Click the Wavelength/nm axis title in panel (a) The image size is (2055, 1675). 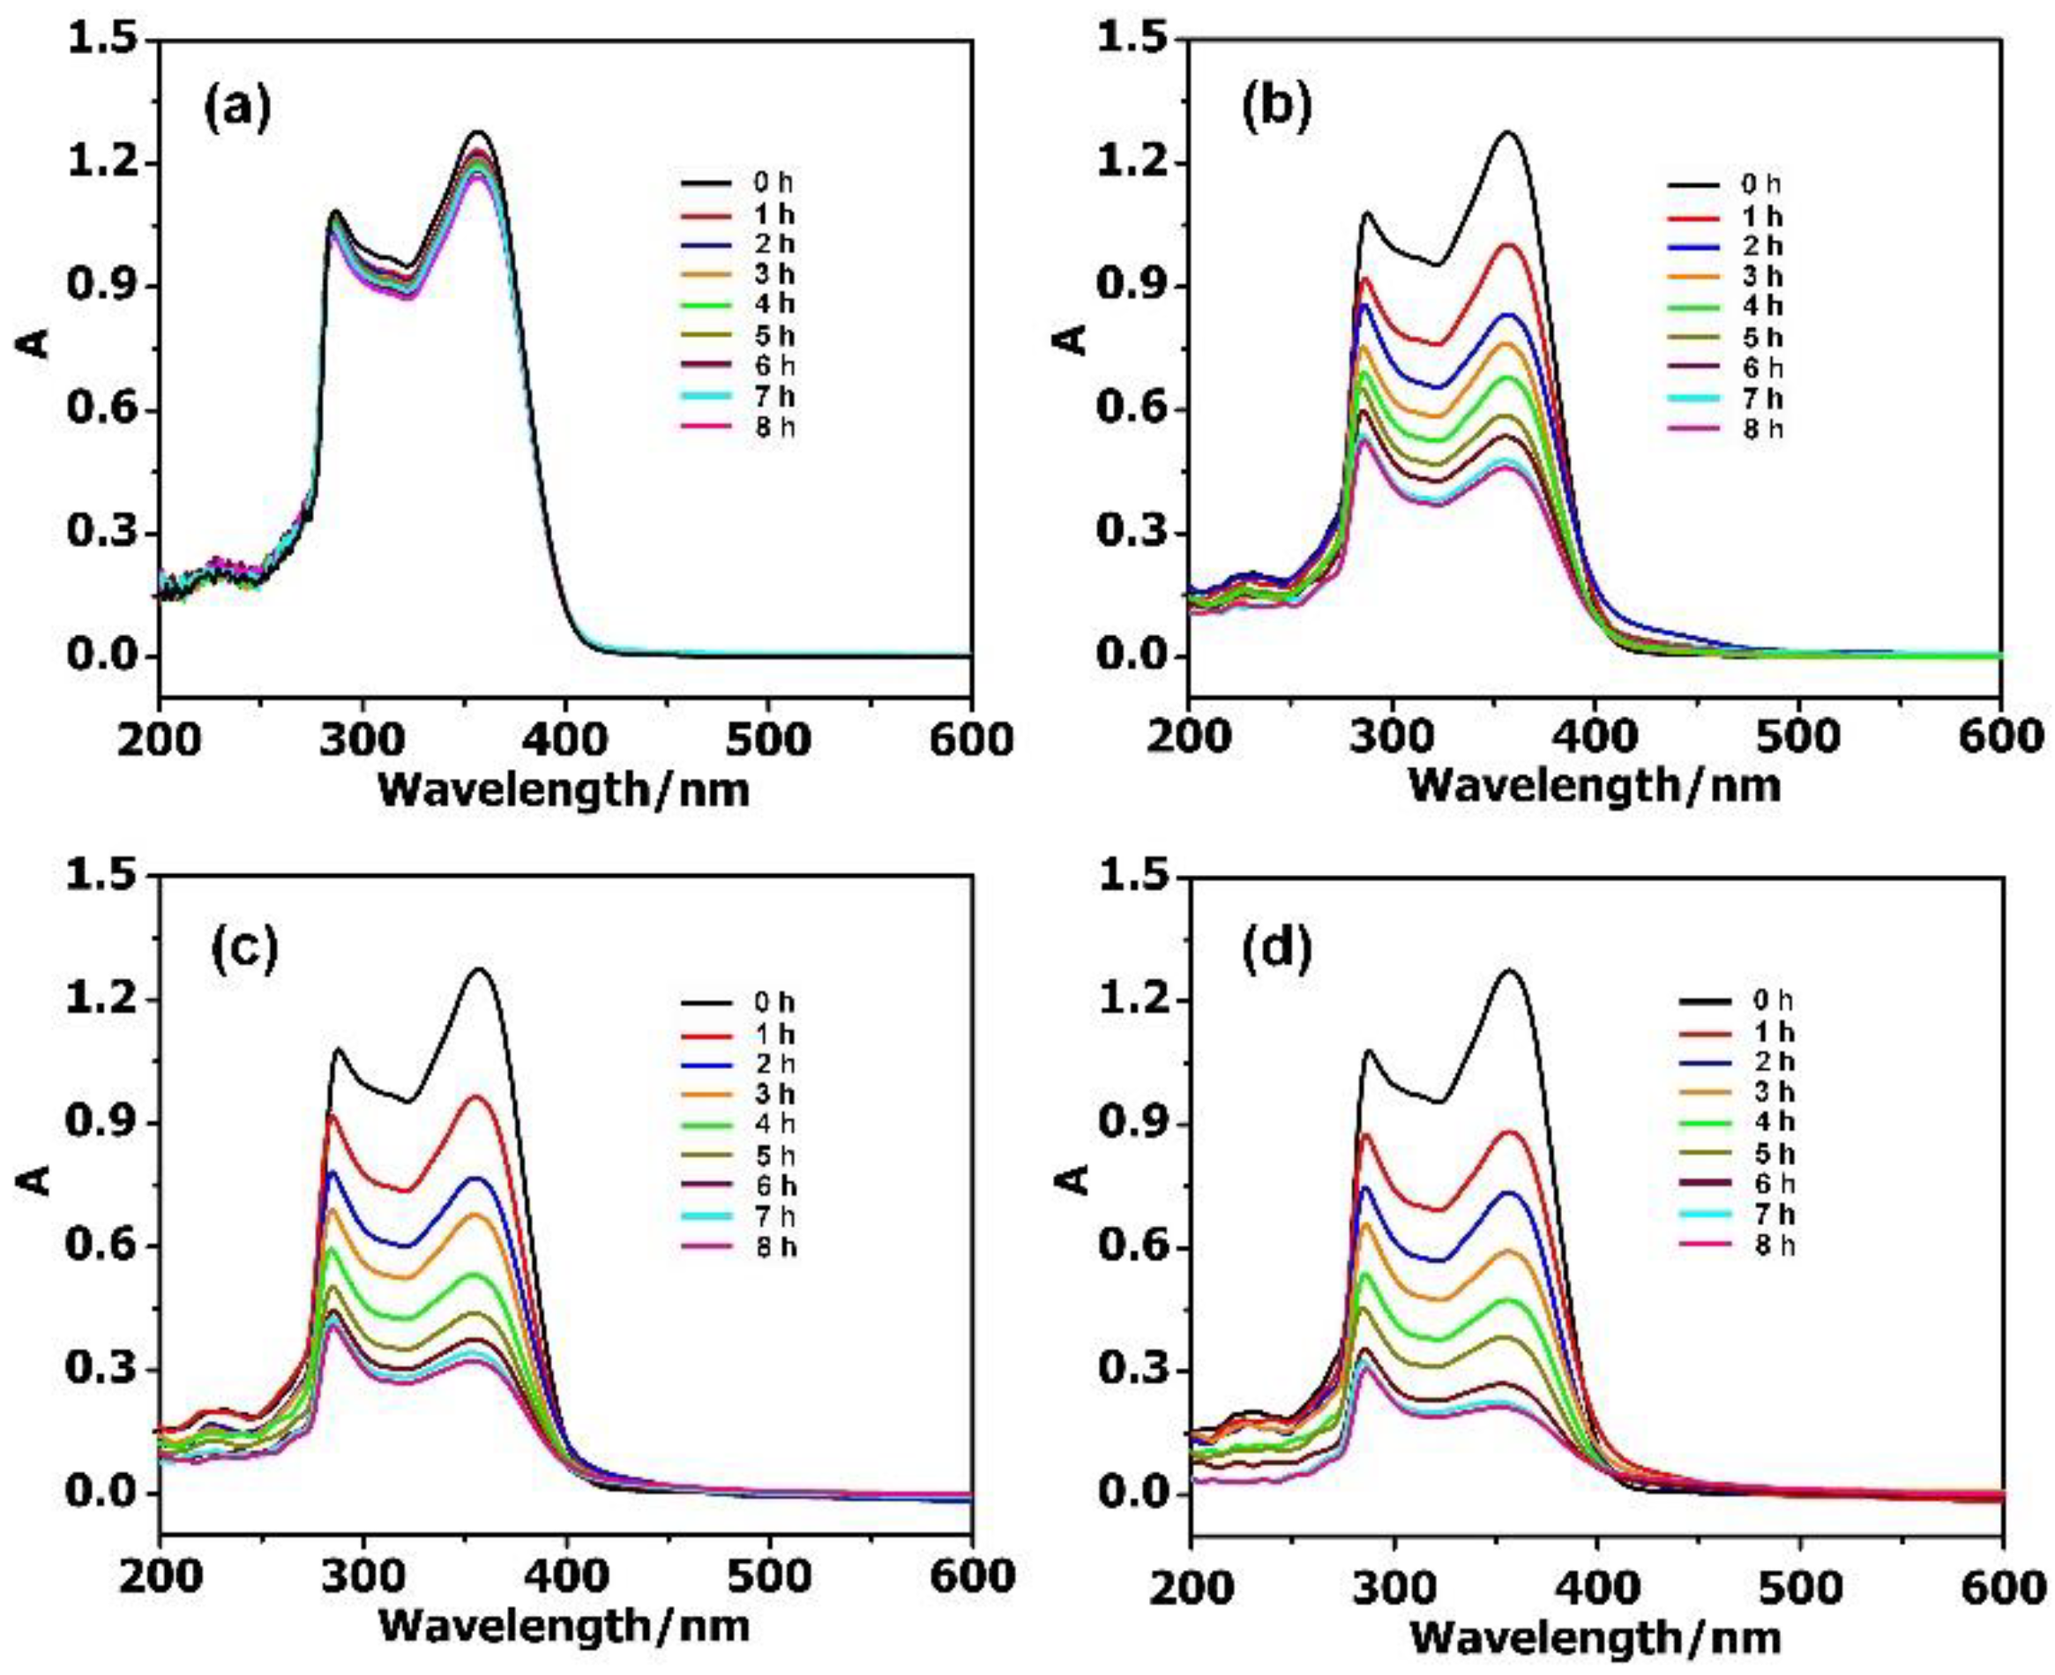click(x=564, y=791)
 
